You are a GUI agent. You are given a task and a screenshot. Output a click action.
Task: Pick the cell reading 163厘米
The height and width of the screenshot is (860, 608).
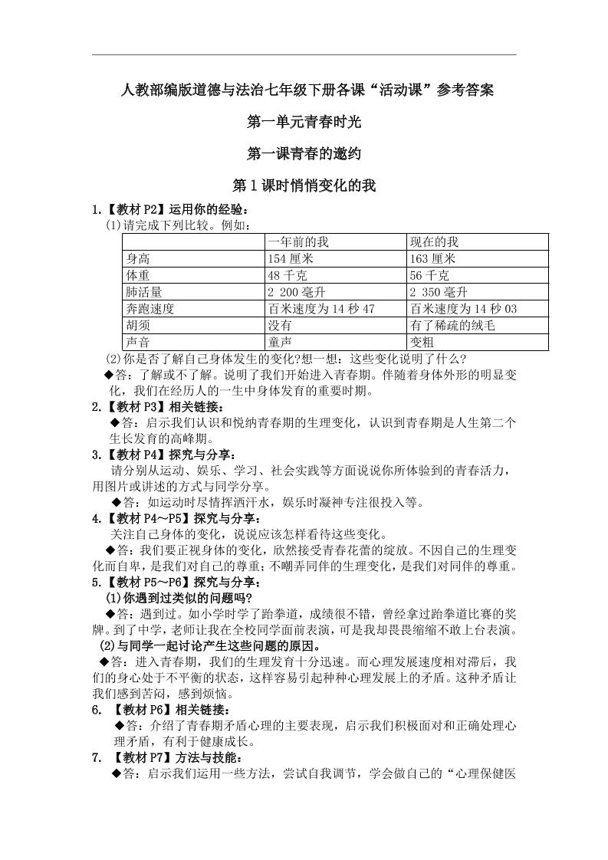432,258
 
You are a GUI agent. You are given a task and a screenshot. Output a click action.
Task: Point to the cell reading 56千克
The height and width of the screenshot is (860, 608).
429,275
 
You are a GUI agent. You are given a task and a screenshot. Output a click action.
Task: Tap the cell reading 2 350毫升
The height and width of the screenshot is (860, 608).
439,292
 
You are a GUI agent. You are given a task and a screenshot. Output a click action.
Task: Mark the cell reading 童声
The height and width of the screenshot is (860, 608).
279,343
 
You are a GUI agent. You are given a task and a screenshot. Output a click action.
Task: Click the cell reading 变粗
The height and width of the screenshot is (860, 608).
422,343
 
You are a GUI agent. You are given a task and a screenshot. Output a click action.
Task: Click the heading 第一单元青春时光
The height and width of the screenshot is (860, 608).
304,122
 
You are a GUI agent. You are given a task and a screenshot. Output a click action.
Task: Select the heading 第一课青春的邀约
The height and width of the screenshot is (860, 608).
304,154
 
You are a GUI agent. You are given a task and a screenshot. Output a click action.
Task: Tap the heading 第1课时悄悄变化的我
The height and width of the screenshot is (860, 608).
304,186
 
